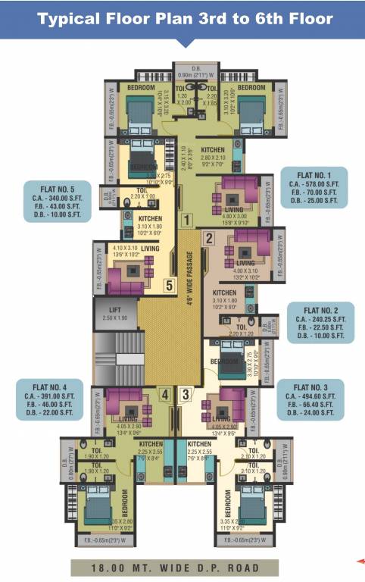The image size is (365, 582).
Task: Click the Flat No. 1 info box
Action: pyautogui.click(x=314, y=188)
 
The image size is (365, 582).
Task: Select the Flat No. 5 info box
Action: pyautogui.click(x=57, y=201)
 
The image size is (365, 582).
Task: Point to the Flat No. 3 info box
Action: pyautogui.click(x=310, y=399)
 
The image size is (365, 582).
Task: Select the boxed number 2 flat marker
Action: pyautogui.click(x=210, y=238)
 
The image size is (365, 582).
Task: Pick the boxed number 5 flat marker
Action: pyautogui.click(x=170, y=285)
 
